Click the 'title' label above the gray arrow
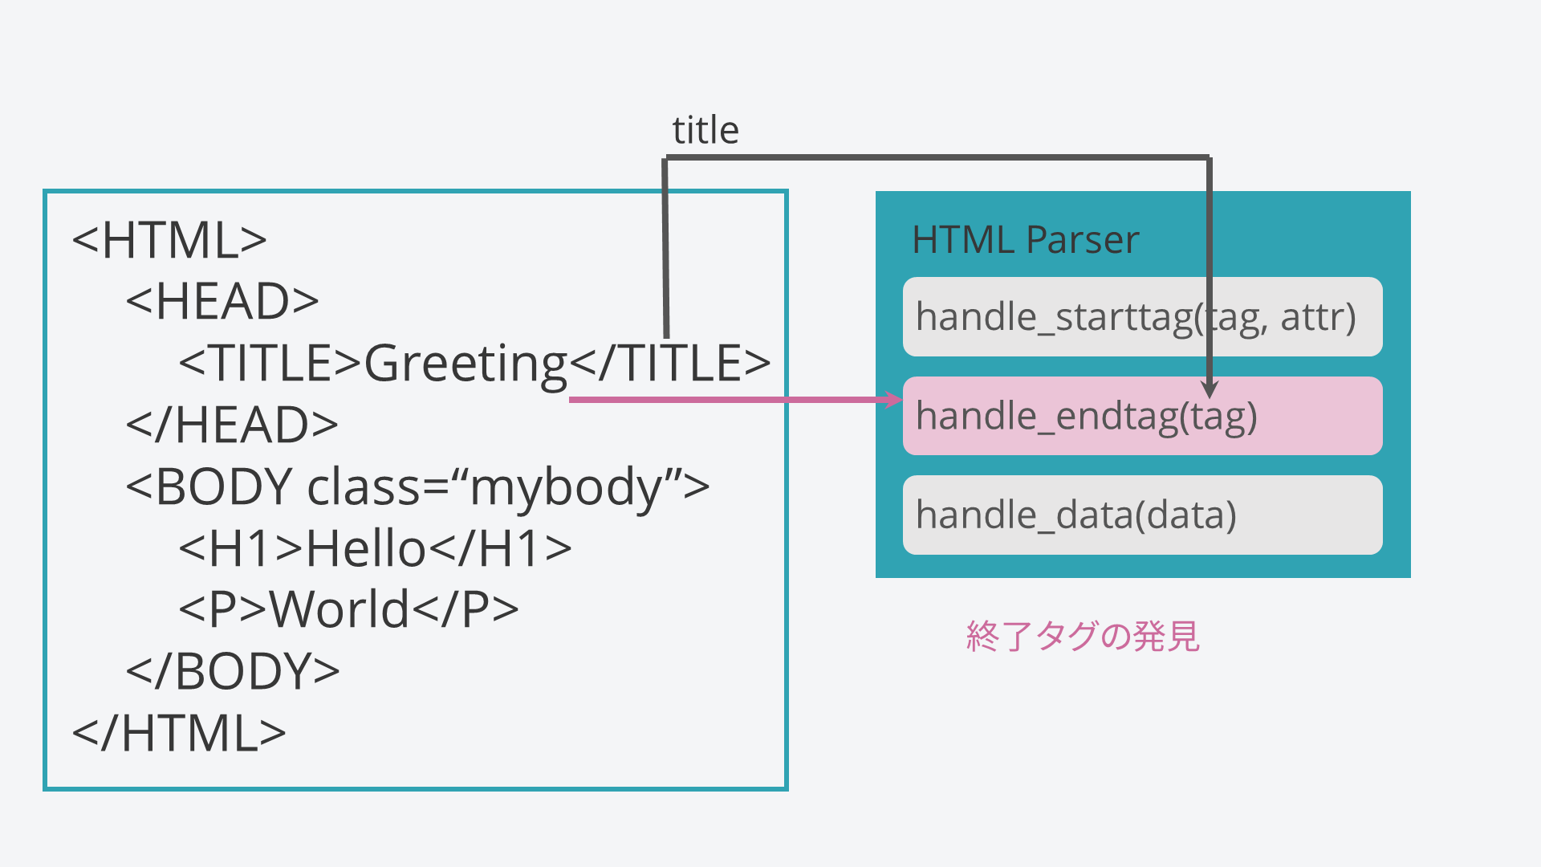pyautogui.click(x=705, y=130)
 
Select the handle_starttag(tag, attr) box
pyautogui.click(x=1141, y=317)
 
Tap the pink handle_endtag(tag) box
pyautogui.click(x=1141, y=416)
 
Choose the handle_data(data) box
pyautogui.click(x=1141, y=515)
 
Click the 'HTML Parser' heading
pyautogui.click(x=1025, y=239)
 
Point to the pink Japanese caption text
pyautogui.click(x=1083, y=636)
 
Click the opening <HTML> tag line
pyautogui.click(x=169, y=240)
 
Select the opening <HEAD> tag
pyautogui.click(x=222, y=302)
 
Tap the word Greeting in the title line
pyautogui.click(x=466, y=364)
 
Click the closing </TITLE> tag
pyautogui.click(x=670, y=363)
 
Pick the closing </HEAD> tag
pyautogui.click(x=232, y=425)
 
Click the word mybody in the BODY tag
pyautogui.click(x=566, y=487)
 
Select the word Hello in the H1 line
pyautogui.click(x=366, y=549)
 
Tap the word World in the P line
pyautogui.click(x=340, y=610)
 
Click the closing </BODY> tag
pyautogui.click(x=233, y=671)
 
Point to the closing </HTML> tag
pyautogui.click(x=179, y=733)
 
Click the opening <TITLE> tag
pyautogui.click(x=270, y=363)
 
